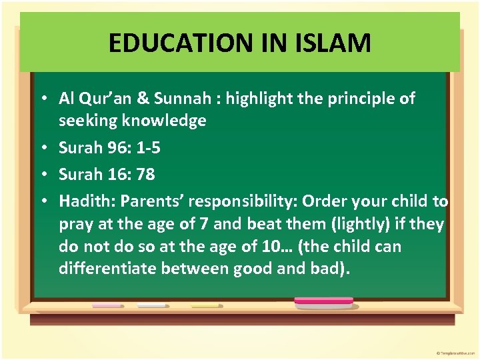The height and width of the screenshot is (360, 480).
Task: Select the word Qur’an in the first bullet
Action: [x=101, y=99]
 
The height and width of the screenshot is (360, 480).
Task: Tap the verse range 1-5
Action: [x=147, y=147]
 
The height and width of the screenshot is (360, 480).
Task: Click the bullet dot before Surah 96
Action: [x=42, y=147]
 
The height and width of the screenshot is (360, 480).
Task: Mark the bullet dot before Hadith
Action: [x=42, y=201]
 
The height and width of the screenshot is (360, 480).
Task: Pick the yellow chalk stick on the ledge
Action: [x=205, y=305]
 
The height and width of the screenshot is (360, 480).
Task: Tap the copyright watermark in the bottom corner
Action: [x=454, y=352]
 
